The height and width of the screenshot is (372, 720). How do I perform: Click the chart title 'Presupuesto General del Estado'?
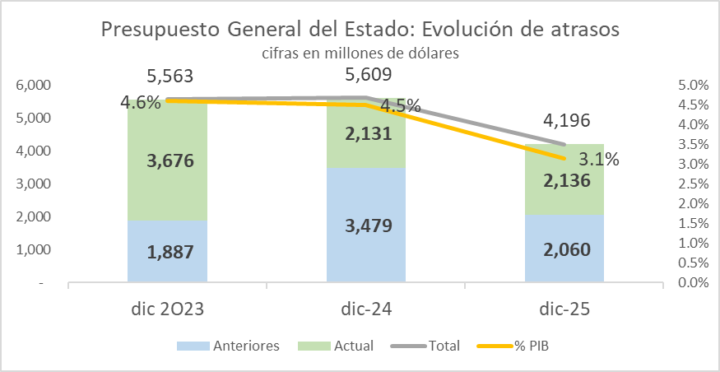click(x=360, y=30)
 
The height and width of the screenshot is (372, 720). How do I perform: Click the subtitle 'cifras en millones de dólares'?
click(x=360, y=53)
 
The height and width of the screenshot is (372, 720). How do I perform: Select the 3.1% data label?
click(x=598, y=160)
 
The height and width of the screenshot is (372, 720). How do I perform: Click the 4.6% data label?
click(x=141, y=104)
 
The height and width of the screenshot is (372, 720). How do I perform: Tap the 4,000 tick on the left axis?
click(x=34, y=151)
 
